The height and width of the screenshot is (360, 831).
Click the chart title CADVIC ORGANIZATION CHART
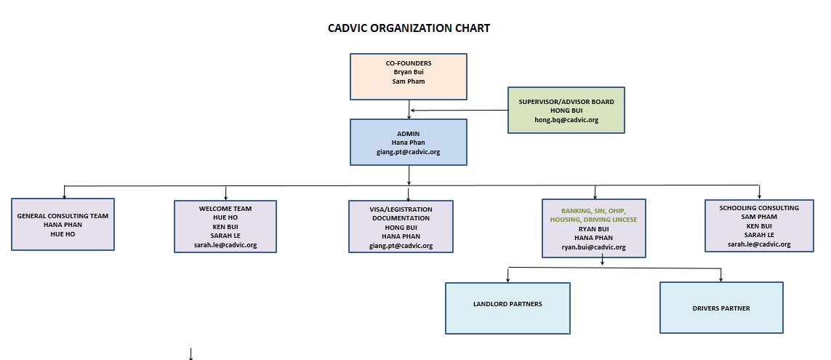[409, 28]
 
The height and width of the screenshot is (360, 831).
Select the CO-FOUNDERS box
[409, 76]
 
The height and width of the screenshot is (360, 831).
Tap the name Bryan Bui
[409, 72]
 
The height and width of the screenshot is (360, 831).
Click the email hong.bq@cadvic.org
[566, 120]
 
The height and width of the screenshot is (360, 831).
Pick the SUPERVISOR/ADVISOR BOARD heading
[566, 102]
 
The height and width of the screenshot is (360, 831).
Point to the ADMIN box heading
[409, 134]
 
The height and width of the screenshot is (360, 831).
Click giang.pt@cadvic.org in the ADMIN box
[409, 151]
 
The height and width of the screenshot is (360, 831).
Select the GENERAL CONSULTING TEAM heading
[63, 216]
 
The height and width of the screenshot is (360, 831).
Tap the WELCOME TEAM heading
[225, 209]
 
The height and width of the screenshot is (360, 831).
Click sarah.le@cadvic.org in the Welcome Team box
[225, 245]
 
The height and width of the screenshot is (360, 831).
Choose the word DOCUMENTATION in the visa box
[401, 218]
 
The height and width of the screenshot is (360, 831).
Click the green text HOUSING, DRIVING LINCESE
[593, 220]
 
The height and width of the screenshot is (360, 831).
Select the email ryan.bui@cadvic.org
[593, 247]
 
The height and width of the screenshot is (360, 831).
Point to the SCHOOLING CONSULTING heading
[759, 208]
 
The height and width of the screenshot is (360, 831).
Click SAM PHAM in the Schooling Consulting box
[759, 217]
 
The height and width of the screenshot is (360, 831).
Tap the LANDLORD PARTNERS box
[507, 308]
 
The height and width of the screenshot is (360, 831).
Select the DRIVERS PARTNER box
[721, 308]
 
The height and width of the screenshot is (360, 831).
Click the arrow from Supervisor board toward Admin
[459, 111]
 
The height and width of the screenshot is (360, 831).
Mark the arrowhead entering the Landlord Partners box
[507, 279]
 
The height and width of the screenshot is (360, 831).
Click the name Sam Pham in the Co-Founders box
[409, 81]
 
